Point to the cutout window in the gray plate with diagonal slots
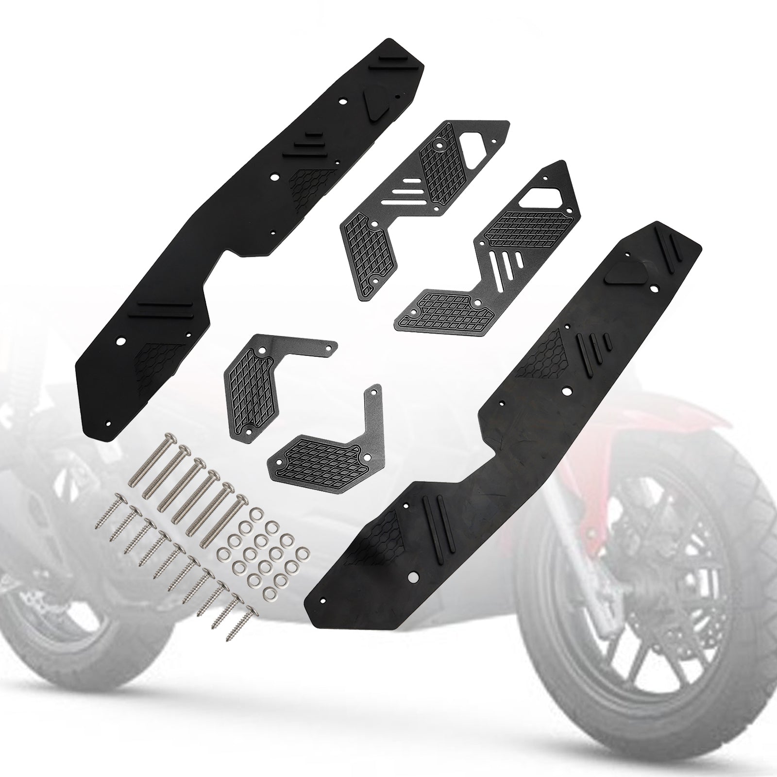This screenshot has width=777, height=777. (x=544, y=192)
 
